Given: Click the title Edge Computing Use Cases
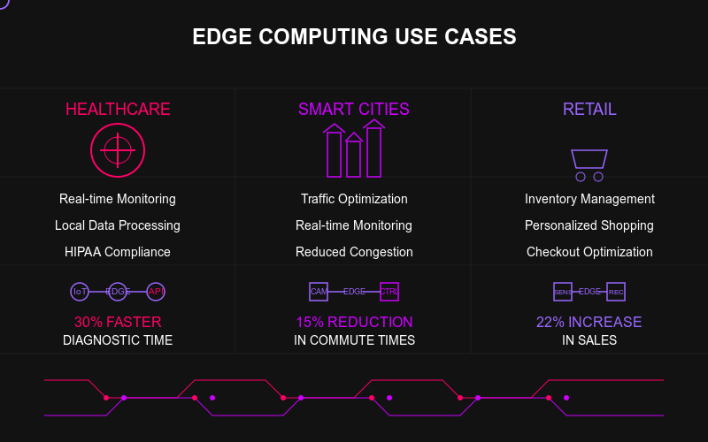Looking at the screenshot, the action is coord(354,37).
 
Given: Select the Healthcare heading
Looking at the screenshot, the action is coord(118,110).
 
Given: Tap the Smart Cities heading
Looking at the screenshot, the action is coord(354,110).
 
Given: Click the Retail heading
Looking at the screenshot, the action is coord(589,110).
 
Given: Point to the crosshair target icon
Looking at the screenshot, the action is coord(118,150).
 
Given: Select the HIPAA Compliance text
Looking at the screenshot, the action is coord(118,252).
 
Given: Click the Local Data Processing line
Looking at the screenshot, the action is coord(118,225).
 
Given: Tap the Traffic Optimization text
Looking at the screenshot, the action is coord(354,199).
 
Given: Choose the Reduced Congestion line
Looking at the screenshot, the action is coord(354,252).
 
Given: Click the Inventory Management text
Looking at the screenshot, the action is coord(589,199).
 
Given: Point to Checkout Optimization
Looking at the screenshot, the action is coord(589,252).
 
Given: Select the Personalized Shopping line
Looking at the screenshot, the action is coord(589,225).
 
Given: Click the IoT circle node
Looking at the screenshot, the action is coord(80,292).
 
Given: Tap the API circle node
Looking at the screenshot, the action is coord(156,292).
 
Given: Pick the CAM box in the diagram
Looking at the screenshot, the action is coord(319,292).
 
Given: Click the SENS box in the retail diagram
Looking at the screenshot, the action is coord(563,292).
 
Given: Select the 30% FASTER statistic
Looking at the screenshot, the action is coord(118,322).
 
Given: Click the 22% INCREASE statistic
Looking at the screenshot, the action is coord(589,322).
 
